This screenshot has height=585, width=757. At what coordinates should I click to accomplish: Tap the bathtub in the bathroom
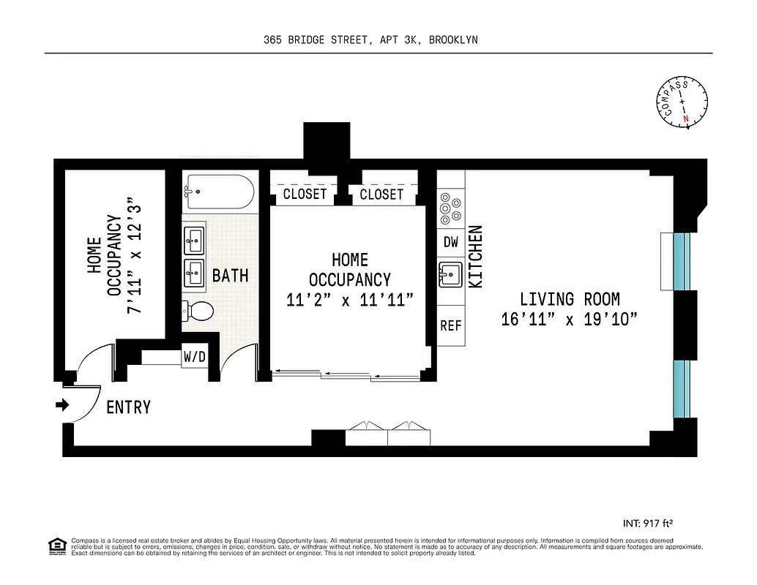pos(220,192)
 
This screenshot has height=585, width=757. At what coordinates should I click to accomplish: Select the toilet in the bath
pos(198,312)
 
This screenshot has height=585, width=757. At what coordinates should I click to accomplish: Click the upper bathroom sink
pos(195,238)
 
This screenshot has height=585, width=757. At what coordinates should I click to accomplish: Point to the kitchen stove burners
pos(447,208)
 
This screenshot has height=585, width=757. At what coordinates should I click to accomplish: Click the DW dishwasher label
pos(450,242)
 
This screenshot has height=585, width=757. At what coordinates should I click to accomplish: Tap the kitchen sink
pos(450,276)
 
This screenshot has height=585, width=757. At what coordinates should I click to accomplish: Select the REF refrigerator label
pos(450,325)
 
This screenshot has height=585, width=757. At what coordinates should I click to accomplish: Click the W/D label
pos(194,358)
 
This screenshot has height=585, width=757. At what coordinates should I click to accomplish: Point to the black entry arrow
pos(62,404)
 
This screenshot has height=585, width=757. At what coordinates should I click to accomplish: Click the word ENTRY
pos(129,407)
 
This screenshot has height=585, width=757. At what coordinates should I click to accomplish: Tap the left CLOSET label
pos(304,194)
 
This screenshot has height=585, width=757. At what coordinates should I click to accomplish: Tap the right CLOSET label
pos(381,194)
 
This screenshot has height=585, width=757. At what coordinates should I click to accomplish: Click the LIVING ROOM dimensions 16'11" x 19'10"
pos(570,320)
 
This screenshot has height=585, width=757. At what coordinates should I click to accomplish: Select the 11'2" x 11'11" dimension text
pos(350,300)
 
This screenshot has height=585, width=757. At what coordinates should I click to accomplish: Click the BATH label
pos(230,276)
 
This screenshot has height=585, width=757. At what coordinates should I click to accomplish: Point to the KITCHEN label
pos(475,256)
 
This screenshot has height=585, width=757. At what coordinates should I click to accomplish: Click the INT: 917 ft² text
pos(646,523)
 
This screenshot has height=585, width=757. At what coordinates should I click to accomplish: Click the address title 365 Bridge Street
pos(370,40)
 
